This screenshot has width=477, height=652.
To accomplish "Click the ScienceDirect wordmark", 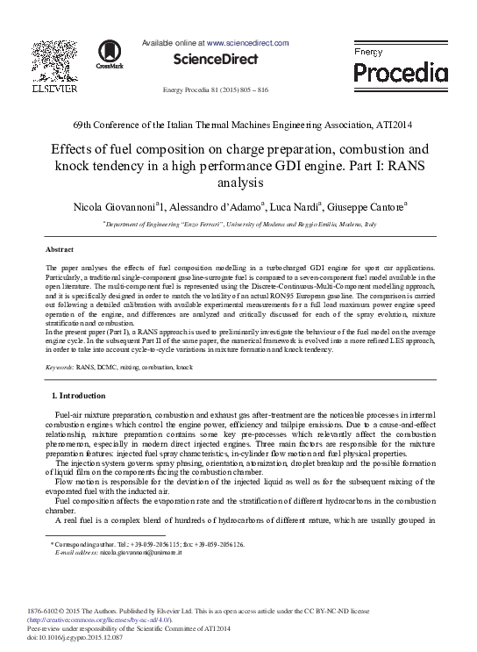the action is tap(217, 60).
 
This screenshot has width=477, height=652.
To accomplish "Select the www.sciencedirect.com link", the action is tap(248, 42).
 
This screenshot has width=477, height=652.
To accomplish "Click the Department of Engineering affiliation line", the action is tap(239, 226).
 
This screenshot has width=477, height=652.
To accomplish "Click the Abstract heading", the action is tap(59, 250).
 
